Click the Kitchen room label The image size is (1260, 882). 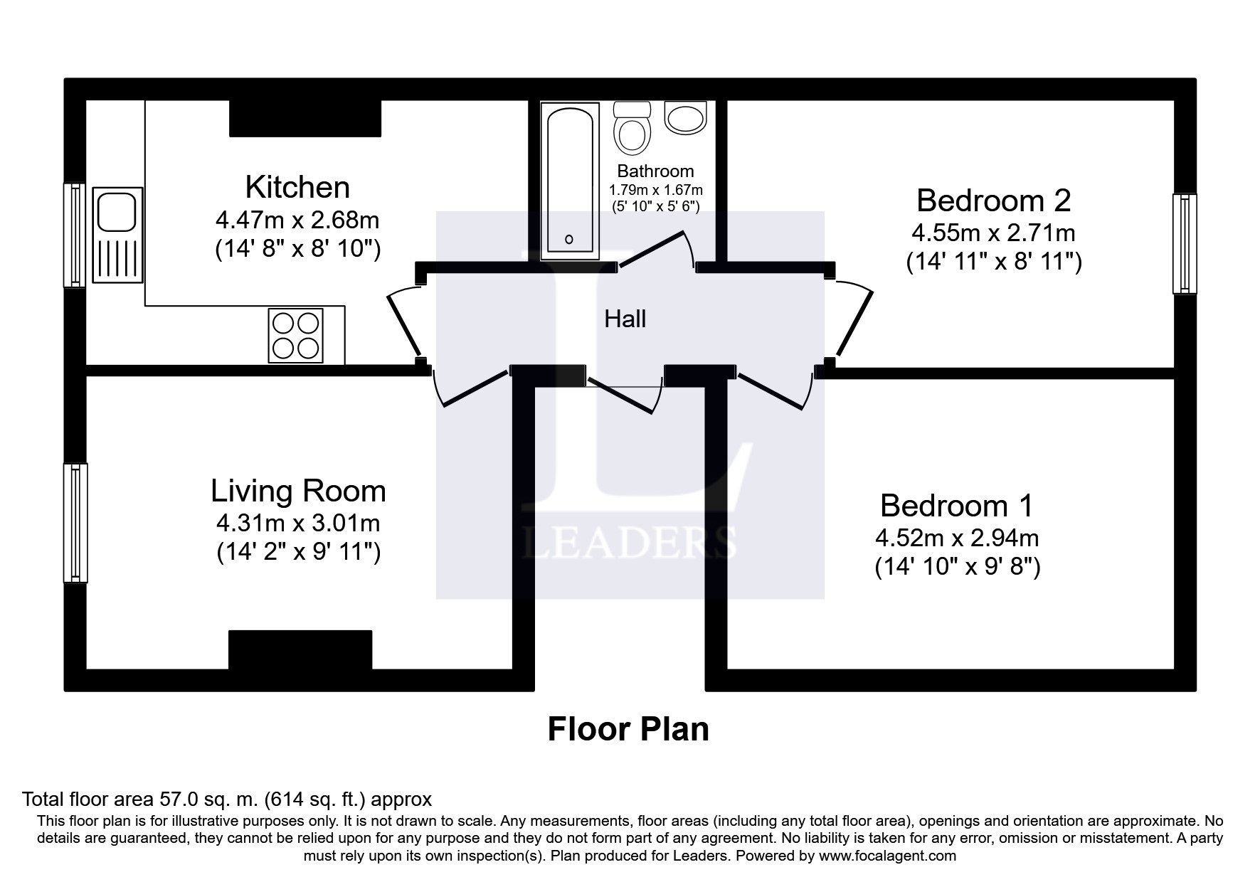click(x=297, y=187)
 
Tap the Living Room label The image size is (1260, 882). click(x=298, y=491)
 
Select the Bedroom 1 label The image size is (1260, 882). click(x=957, y=505)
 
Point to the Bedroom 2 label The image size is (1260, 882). click(x=993, y=200)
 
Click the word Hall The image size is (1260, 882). click(x=625, y=319)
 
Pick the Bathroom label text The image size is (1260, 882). click(x=655, y=171)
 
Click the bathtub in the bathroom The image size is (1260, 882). click(x=568, y=181)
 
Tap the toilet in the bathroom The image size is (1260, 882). click(x=632, y=128)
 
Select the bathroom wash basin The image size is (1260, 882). click(x=685, y=117)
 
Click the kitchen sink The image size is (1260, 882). click(x=117, y=233)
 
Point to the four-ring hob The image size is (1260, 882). click(x=295, y=335)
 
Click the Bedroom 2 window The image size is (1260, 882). click(x=1185, y=243)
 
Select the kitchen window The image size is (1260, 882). click(x=75, y=235)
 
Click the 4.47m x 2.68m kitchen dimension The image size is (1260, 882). click(x=297, y=220)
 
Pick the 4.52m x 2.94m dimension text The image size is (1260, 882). click(x=957, y=538)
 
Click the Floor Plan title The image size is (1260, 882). click(x=628, y=730)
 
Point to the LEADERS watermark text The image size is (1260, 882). click(x=629, y=542)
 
